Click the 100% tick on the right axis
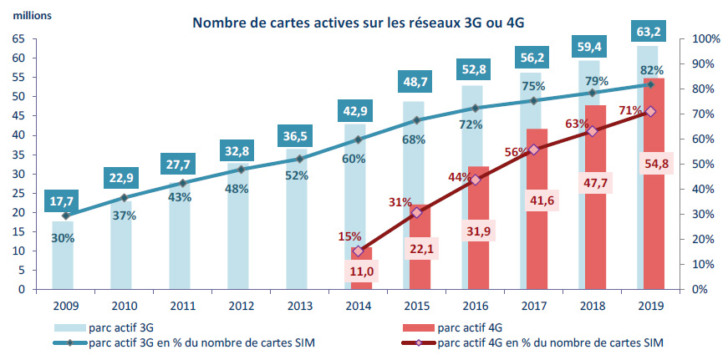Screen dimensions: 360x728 click(699, 39)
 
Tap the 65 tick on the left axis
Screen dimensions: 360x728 click(17, 39)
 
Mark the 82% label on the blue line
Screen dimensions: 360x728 click(651, 71)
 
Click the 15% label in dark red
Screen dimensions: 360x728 click(349, 237)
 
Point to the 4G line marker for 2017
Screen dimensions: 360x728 click(534, 149)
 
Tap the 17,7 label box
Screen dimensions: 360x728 click(63, 200)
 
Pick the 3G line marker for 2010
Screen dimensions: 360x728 click(124, 198)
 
